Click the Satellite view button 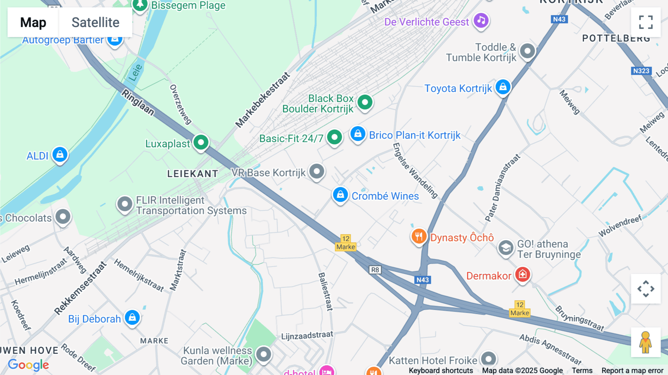[x=95, y=22]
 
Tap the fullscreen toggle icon [x=646, y=22]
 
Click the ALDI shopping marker [x=60, y=154]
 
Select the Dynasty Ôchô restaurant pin [x=419, y=236]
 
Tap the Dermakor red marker [x=523, y=275]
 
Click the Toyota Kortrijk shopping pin [x=503, y=87]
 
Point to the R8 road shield [x=375, y=270]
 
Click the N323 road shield [x=641, y=71]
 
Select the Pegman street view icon [x=645, y=342]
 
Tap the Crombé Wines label [x=385, y=196]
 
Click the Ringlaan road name [x=138, y=102]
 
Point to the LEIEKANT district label [x=193, y=174]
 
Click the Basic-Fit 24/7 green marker [x=334, y=137]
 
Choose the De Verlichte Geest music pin [x=481, y=20]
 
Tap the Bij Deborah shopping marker [x=132, y=317]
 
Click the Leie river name [x=135, y=72]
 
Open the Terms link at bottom [x=582, y=371]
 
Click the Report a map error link [x=632, y=371]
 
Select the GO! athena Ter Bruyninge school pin [x=505, y=248]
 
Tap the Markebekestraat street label [x=262, y=100]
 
